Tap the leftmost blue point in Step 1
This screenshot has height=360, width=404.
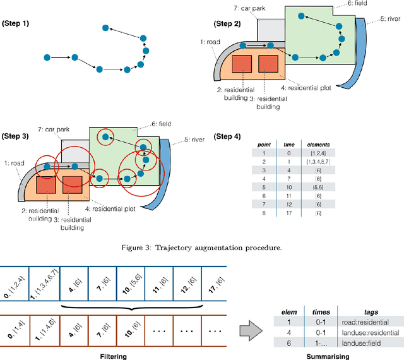click(x=47, y=57)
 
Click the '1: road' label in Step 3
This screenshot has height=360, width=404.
click(x=14, y=162)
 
